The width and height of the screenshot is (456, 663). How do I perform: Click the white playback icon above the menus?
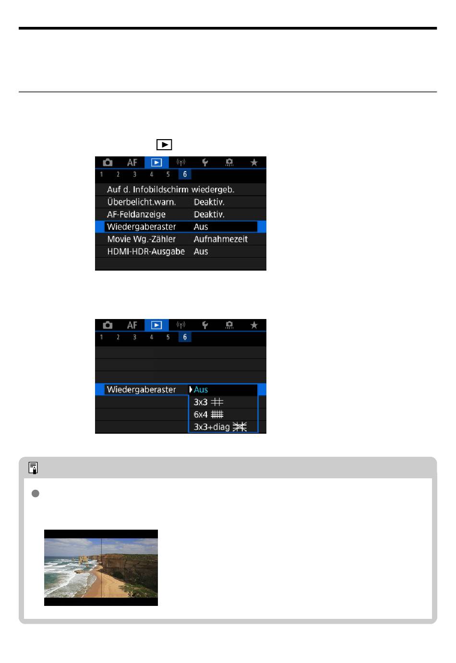tap(164, 145)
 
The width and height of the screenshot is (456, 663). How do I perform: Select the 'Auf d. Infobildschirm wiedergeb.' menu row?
tap(170, 189)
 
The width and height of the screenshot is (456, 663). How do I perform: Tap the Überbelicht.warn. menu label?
tap(142, 202)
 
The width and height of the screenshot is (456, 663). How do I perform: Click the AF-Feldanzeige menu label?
tap(136, 214)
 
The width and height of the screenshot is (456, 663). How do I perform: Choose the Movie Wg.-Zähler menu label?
tap(141, 239)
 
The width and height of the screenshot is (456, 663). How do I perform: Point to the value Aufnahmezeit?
tap(221, 239)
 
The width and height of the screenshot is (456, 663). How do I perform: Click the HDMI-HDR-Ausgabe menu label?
tap(146, 251)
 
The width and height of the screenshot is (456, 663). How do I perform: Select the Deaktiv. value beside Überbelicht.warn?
tap(209, 202)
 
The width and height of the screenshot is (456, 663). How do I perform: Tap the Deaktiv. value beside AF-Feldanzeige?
tap(209, 214)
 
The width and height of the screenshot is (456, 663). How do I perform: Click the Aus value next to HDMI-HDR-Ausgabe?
tap(201, 251)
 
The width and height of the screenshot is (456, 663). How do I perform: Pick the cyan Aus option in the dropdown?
tap(201, 390)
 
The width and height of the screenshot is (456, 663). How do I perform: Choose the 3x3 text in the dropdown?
tap(201, 402)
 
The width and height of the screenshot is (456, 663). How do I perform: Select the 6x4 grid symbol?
tap(217, 414)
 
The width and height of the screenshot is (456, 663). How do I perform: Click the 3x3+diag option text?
tap(212, 427)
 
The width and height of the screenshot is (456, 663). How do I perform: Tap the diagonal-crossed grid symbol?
tap(240, 427)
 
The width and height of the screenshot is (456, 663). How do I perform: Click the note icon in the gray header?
tap(33, 468)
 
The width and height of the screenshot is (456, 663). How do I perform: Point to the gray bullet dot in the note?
tap(35, 493)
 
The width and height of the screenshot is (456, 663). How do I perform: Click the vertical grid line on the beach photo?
tap(101, 568)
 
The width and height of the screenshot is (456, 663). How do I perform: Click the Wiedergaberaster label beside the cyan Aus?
tap(141, 390)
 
